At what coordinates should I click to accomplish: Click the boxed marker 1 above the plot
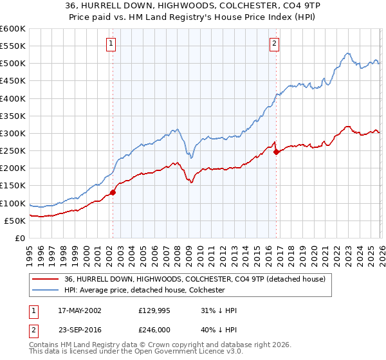111,44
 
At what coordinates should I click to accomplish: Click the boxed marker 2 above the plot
275,44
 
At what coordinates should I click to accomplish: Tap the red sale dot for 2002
113,192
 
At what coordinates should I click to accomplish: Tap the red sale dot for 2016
277,152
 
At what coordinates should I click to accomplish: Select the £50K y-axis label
15,221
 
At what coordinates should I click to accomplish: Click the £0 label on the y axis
19,238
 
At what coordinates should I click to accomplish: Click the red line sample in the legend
46,279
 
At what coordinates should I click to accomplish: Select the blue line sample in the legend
46,290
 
